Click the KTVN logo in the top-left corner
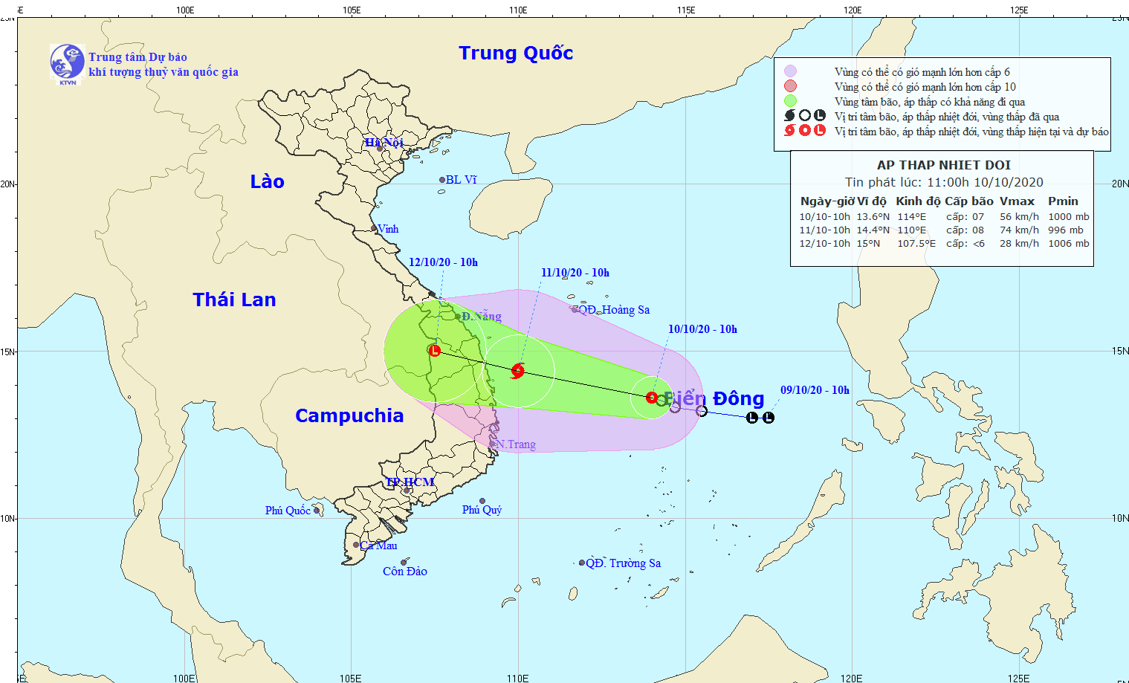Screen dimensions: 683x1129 pos(67,62)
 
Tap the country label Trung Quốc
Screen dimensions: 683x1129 pos(516,53)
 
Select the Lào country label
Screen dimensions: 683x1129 pos(267,181)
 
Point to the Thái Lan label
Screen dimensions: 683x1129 pos(234,300)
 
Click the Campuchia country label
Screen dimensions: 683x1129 pos(349,415)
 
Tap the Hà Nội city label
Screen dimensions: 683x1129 pos(384,142)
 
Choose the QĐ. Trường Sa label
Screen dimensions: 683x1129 pos(623,563)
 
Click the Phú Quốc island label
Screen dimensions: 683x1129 pos(288,511)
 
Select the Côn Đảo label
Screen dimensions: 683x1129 pos(405,572)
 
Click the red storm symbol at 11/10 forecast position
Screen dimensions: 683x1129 pos(518,370)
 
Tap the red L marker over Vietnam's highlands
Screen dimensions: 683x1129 pos(435,350)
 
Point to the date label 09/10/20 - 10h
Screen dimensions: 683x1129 pos(815,390)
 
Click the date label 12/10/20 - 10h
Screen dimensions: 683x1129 pos(443,262)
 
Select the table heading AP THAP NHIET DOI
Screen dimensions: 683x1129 pos(944,165)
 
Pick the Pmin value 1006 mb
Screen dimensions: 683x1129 pos(1068,244)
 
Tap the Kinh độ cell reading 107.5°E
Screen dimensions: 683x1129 pos(916,244)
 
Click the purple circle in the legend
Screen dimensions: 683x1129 pos(790,71)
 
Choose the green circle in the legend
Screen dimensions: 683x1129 pos(790,101)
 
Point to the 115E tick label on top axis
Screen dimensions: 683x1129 pos(686,10)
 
